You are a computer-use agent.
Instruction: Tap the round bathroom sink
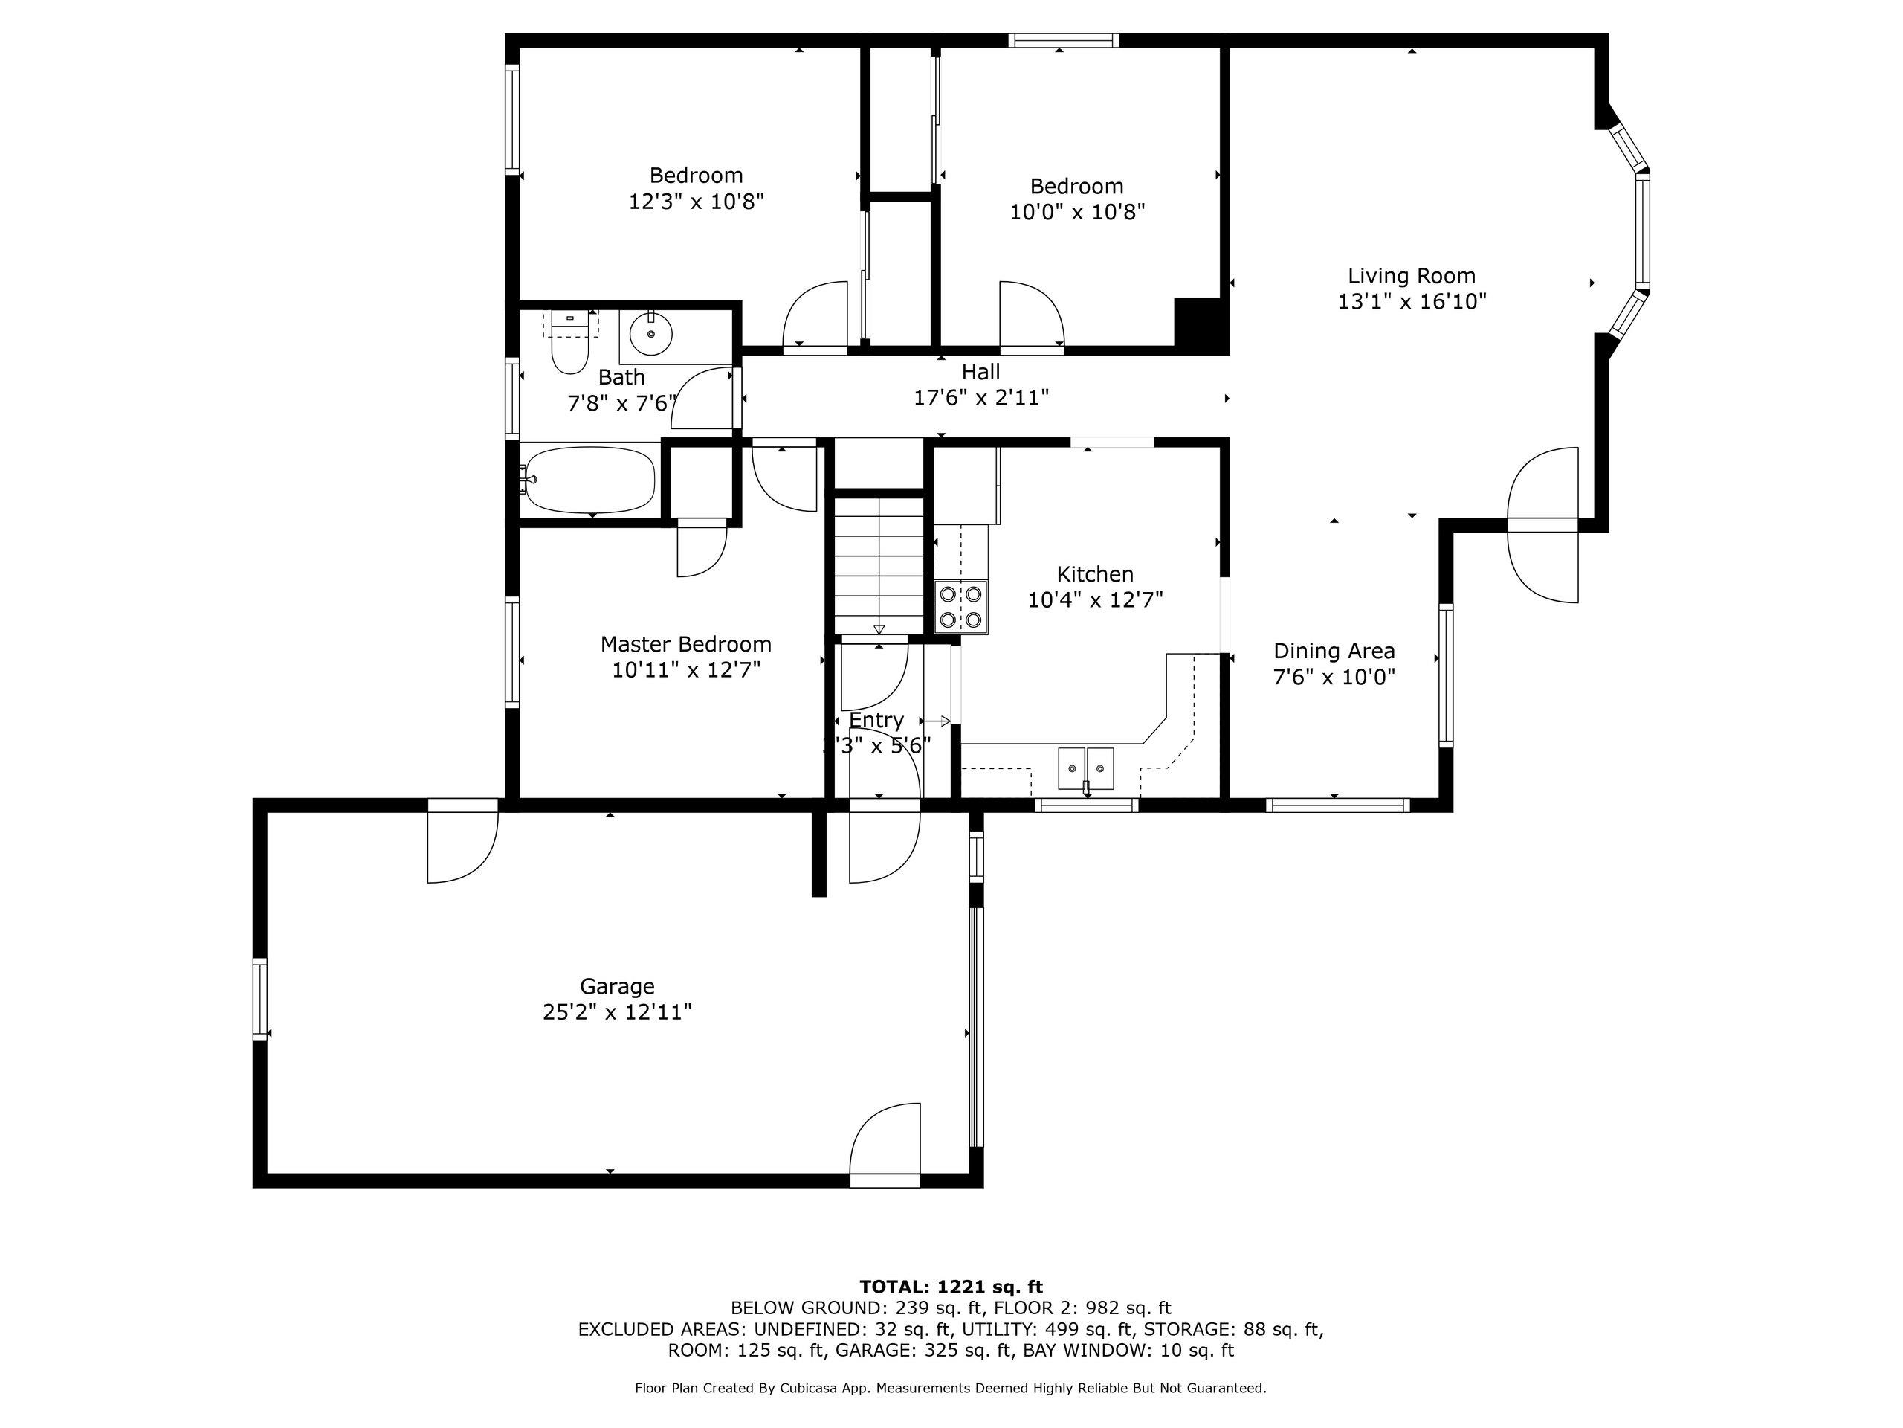click(x=651, y=333)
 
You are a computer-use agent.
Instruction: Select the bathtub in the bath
click(x=590, y=480)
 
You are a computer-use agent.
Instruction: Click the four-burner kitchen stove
click(x=961, y=607)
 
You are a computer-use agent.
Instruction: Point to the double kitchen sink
click(x=1086, y=768)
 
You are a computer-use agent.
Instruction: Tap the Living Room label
click(x=1412, y=277)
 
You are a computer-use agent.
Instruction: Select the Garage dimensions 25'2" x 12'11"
click(x=618, y=1012)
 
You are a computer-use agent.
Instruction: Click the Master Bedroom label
click(x=685, y=644)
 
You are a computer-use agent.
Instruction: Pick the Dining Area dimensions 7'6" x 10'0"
click(x=1334, y=677)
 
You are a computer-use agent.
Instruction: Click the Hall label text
click(x=980, y=372)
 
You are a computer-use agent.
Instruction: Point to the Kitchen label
click(x=1095, y=574)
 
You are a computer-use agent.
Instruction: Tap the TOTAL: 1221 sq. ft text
click(x=951, y=1287)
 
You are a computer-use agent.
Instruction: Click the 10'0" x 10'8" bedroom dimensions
click(x=1077, y=212)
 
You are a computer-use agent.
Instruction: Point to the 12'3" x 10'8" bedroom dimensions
click(x=697, y=202)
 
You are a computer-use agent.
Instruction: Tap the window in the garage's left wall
click(x=260, y=998)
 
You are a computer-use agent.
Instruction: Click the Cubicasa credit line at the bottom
click(x=951, y=1388)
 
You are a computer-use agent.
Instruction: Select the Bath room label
click(x=621, y=377)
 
